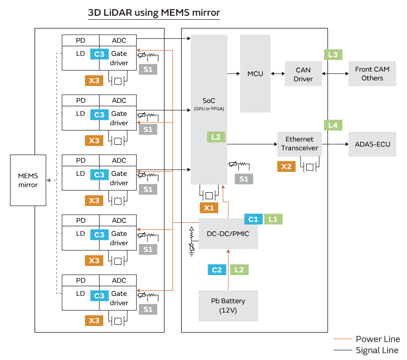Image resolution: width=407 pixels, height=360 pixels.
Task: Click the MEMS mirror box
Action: tap(28, 180)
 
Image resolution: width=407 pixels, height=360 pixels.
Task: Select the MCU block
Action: tap(255, 74)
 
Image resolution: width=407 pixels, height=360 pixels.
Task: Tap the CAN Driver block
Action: tap(303, 74)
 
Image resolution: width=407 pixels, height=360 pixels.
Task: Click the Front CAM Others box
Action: tap(372, 74)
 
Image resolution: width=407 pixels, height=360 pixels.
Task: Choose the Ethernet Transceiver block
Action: tap(300, 144)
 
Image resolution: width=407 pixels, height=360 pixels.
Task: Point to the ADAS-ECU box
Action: tap(372, 144)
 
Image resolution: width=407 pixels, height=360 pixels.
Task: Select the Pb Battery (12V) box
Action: tap(228, 305)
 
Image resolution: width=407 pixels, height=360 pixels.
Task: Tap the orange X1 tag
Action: tap(209, 207)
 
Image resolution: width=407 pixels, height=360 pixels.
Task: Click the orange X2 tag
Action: tap(286, 166)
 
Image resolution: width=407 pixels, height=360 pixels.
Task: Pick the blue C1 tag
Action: tap(253, 219)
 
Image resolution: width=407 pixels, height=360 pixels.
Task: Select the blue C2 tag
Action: tap(216, 269)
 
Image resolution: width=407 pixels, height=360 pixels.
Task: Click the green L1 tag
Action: tap(273, 219)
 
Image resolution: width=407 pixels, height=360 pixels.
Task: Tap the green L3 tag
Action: tap(333, 54)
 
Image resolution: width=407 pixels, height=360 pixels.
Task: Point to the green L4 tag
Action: tap(333, 125)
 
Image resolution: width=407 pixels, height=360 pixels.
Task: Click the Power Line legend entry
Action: tap(367, 339)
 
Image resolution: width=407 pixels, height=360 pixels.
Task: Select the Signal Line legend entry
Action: tap(367, 350)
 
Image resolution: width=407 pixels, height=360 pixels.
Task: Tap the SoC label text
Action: tap(209, 101)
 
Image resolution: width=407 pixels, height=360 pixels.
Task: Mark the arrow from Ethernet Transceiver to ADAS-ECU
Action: tap(335, 144)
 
